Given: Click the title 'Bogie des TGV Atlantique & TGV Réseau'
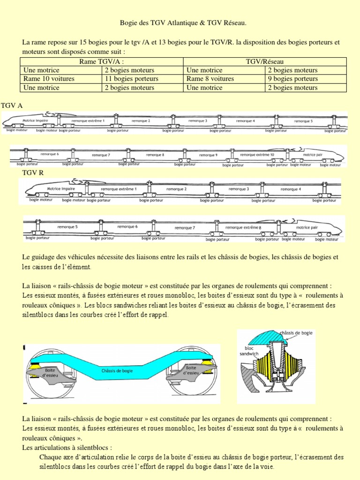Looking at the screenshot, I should [x=180, y=23].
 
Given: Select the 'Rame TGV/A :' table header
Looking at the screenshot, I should [x=101, y=61].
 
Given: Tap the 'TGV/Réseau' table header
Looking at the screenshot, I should [x=265, y=61].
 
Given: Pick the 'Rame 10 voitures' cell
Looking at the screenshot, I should [x=49, y=79].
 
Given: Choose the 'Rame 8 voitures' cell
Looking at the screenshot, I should [x=210, y=79].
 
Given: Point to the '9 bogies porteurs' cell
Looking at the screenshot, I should [x=292, y=79].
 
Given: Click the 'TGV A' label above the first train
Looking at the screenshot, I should [x=12, y=106].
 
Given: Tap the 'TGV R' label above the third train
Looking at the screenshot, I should [x=33, y=174].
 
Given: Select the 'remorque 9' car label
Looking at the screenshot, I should [x=208, y=154].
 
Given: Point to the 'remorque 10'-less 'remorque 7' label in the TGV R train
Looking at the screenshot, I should [x=184, y=228].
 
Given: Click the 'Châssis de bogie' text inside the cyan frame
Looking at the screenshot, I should [x=117, y=371].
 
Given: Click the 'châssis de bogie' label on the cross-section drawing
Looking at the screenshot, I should [x=296, y=333].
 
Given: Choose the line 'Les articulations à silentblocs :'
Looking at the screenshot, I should [x=67, y=448].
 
